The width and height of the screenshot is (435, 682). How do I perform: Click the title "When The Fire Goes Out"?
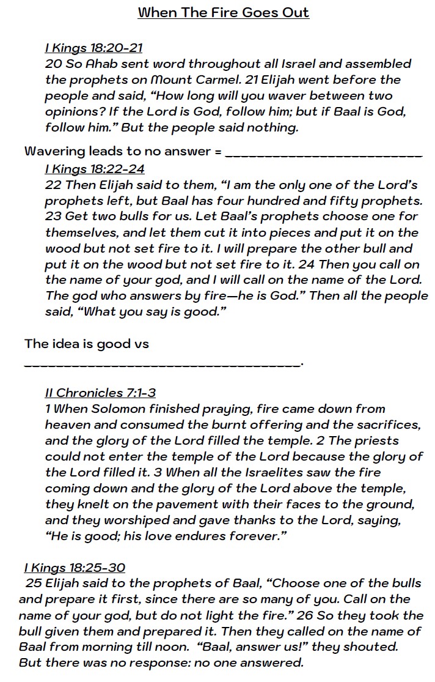pyautogui.click(x=223, y=12)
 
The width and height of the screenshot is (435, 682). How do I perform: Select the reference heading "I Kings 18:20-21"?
pyautogui.click(x=93, y=48)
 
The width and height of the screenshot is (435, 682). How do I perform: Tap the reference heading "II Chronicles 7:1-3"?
pyautogui.click(x=100, y=393)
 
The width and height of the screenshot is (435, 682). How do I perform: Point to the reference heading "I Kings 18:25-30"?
pyautogui.click(x=75, y=568)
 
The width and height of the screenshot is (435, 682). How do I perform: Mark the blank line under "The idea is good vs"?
pyautogui.click(x=163, y=365)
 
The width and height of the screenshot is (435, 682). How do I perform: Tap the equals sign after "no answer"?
pyautogui.click(x=218, y=150)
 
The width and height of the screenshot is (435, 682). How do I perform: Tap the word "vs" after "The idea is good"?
pyautogui.click(x=141, y=344)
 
